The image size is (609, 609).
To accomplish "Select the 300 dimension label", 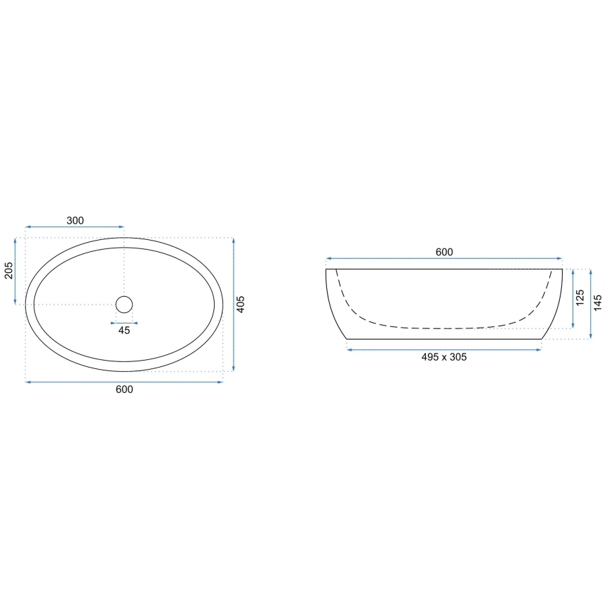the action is tap(75, 220).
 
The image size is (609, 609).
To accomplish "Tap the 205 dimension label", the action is tap(8, 270).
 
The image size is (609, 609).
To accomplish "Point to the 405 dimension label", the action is tap(241, 304).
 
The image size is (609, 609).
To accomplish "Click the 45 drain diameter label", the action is tap(124, 330).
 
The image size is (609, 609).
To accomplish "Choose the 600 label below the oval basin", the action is tap(124, 389).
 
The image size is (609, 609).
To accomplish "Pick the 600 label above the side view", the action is tap(444, 252).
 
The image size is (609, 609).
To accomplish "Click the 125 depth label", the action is tap(580, 297).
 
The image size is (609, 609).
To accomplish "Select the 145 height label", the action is tap(598, 302).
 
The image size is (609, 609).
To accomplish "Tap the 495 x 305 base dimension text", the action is tap(444, 357).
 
